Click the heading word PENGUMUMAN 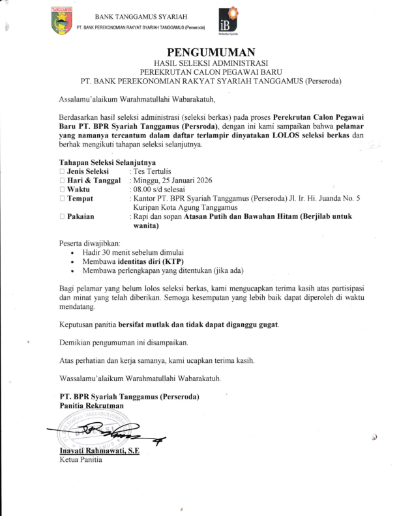click(211, 52)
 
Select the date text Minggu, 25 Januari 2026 click(173, 180)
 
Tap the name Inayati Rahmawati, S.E click(98, 451)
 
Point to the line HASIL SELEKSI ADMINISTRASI click(211, 63)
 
